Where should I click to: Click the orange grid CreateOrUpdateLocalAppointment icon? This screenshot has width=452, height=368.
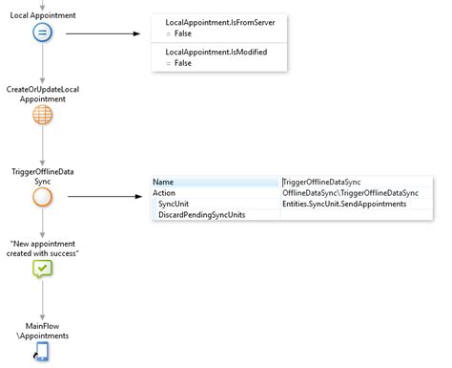point(43,114)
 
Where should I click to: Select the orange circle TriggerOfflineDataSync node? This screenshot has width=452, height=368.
point(43,198)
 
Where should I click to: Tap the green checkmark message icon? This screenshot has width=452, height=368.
point(43,270)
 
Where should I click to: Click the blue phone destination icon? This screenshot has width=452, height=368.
point(43,352)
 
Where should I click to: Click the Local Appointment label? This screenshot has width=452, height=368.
point(43,15)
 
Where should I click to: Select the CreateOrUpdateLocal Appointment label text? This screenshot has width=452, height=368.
point(43,93)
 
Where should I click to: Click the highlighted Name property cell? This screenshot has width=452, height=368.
point(216,182)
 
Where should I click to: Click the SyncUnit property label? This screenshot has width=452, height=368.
point(175,204)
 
